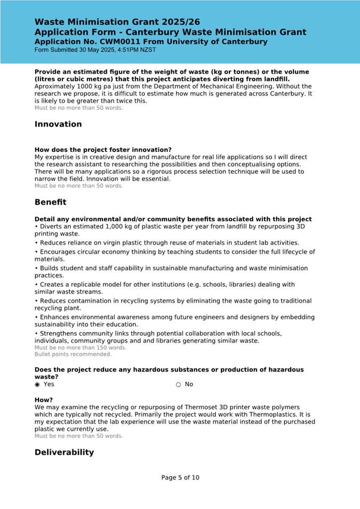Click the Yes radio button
(37, 384)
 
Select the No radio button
(178, 384)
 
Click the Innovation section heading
(58, 124)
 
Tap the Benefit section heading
(50, 203)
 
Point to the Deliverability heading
(64, 453)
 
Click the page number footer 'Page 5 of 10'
(180, 478)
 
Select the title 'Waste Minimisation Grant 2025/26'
(117, 22)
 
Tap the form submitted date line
(95, 50)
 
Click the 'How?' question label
(44, 400)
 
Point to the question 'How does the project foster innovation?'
(103, 150)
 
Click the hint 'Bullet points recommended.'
(73, 354)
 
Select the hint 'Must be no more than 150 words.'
(81, 348)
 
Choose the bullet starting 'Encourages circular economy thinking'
(175, 255)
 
